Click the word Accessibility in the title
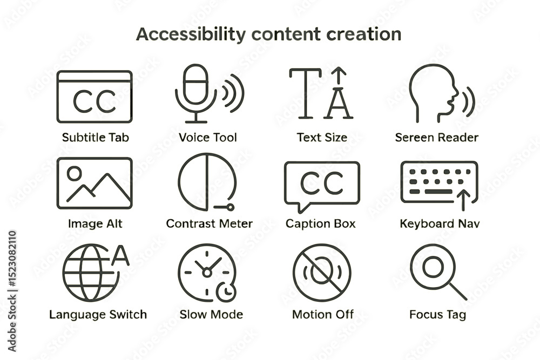[191, 34]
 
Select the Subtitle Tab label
[96, 137]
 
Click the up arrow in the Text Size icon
[339, 76]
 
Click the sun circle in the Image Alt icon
[75, 173]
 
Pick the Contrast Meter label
[210, 223]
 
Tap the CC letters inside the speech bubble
[322, 182]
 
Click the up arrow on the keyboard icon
[463, 200]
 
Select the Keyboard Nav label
[440, 223]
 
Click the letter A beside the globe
[120, 255]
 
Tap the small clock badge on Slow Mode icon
[226, 292]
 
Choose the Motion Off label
[323, 314]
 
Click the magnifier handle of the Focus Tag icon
[458, 291]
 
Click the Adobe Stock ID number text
[12, 259]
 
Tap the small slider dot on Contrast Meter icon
[231, 207]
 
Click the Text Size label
[322, 137]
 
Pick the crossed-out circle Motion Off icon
[322, 273]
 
